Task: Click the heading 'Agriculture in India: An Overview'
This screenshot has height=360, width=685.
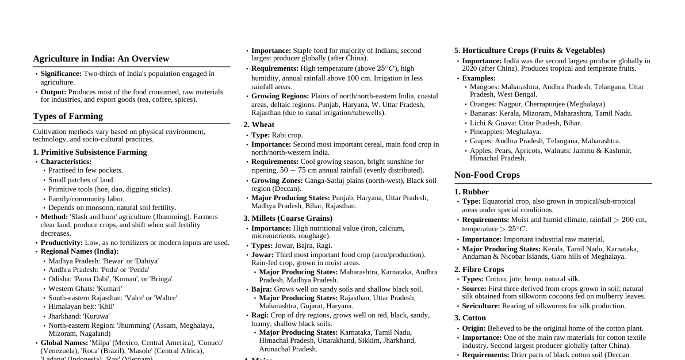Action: pyautogui.click(x=101, y=59)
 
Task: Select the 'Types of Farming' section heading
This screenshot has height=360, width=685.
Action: pyautogui.click(x=68, y=116)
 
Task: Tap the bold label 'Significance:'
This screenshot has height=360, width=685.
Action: pyautogui.click(x=61, y=74)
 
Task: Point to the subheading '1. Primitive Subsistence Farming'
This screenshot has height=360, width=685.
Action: pyautogui.click(x=90, y=152)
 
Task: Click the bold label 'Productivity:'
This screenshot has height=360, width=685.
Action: pyautogui.click(x=62, y=243)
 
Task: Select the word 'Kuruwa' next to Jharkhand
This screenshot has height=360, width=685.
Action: pyautogui.click(x=96, y=316)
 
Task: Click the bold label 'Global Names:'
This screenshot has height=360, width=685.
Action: pyautogui.click(x=64, y=343)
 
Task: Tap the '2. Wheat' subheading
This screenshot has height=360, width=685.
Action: pyautogui.click(x=259, y=125)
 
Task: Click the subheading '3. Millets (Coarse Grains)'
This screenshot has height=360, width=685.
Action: pyautogui.click(x=288, y=219)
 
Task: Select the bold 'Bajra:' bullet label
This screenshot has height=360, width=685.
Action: pyautogui.click(x=262, y=289)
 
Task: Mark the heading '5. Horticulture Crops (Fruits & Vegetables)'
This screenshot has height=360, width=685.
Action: pyautogui.click(x=529, y=51)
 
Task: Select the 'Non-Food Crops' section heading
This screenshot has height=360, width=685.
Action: pyautogui.click(x=487, y=175)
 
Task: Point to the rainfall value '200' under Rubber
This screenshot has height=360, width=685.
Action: pyautogui.click(x=627, y=220)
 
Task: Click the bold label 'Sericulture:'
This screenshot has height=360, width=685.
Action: pyautogui.click(x=481, y=306)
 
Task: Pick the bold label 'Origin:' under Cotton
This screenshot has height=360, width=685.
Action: pyautogui.click(x=473, y=328)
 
